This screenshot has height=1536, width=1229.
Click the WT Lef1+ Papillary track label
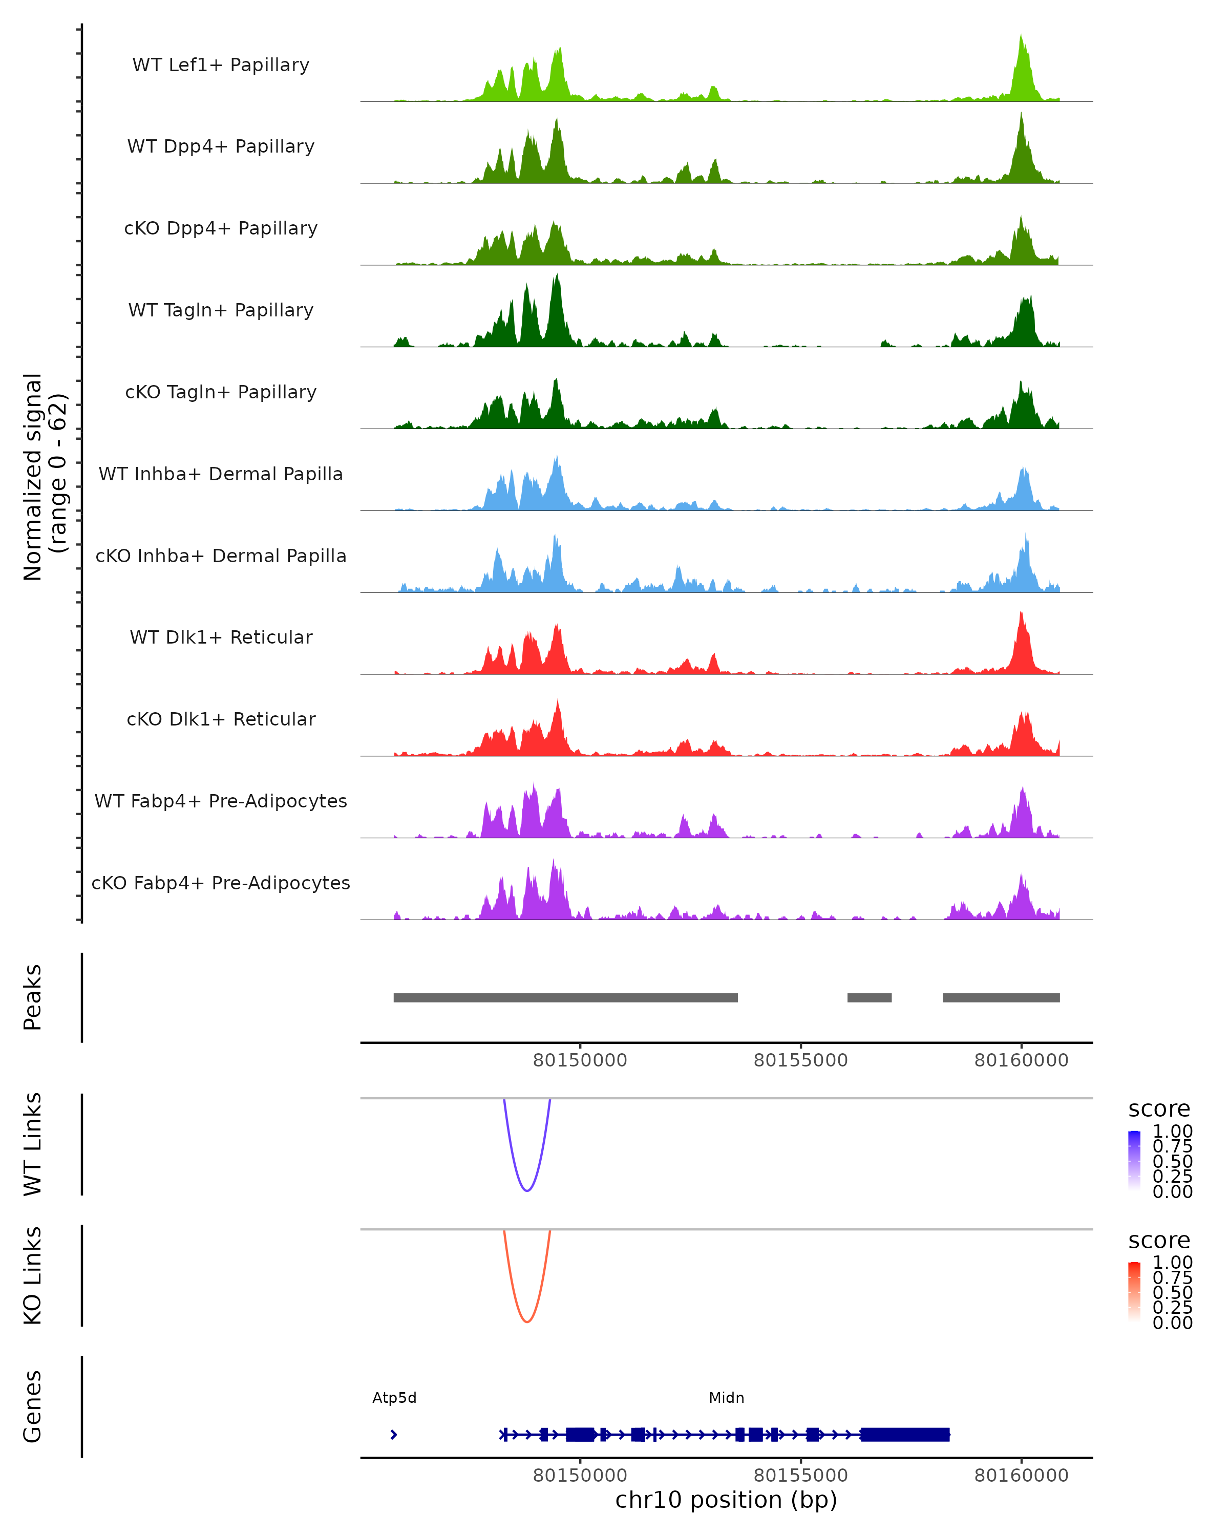click(x=221, y=65)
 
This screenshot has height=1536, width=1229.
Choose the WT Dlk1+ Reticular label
click(x=221, y=637)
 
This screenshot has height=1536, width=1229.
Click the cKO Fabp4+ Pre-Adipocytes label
click(x=221, y=883)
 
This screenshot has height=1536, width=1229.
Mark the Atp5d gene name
click(x=394, y=1398)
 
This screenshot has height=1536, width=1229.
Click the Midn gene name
click(x=726, y=1398)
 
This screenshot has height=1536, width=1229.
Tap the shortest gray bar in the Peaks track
click(x=869, y=997)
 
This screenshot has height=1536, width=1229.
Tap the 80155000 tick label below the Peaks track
click(x=801, y=1060)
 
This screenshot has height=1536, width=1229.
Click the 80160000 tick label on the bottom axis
click(x=1021, y=1476)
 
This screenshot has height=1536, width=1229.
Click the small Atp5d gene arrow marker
click(x=394, y=1434)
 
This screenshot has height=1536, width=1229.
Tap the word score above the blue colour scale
click(x=1158, y=1110)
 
